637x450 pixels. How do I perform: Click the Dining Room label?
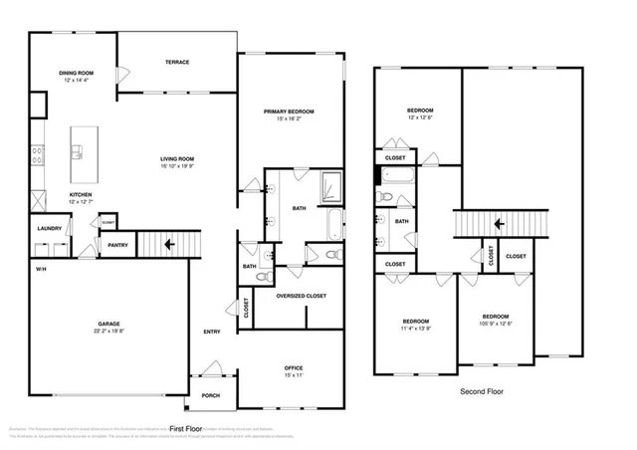pyautogui.click(x=76, y=72)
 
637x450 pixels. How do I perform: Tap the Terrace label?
pyautogui.click(x=177, y=63)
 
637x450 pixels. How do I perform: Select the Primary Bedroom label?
pyautogui.click(x=290, y=111)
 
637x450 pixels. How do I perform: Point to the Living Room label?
pyautogui.click(x=177, y=158)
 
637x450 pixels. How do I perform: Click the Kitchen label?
pyautogui.click(x=81, y=195)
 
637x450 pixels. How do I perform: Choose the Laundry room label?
pyautogui.click(x=50, y=228)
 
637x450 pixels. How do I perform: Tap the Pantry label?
pyautogui.click(x=117, y=244)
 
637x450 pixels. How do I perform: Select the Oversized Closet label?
pyautogui.click(x=302, y=295)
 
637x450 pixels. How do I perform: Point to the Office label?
pyautogui.click(x=294, y=367)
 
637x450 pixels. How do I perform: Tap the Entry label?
pyautogui.click(x=212, y=332)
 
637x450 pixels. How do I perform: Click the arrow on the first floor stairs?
pyautogui.click(x=170, y=242)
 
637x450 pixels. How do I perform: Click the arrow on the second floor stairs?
pyautogui.click(x=498, y=224)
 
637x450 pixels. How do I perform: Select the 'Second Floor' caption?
pyautogui.click(x=482, y=391)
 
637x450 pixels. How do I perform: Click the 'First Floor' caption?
pyautogui.click(x=186, y=428)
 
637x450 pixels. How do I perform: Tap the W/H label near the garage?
pyautogui.click(x=41, y=270)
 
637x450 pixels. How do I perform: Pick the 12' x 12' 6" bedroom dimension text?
pyautogui.click(x=419, y=117)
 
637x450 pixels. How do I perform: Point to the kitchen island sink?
pyautogui.click(x=77, y=152)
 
